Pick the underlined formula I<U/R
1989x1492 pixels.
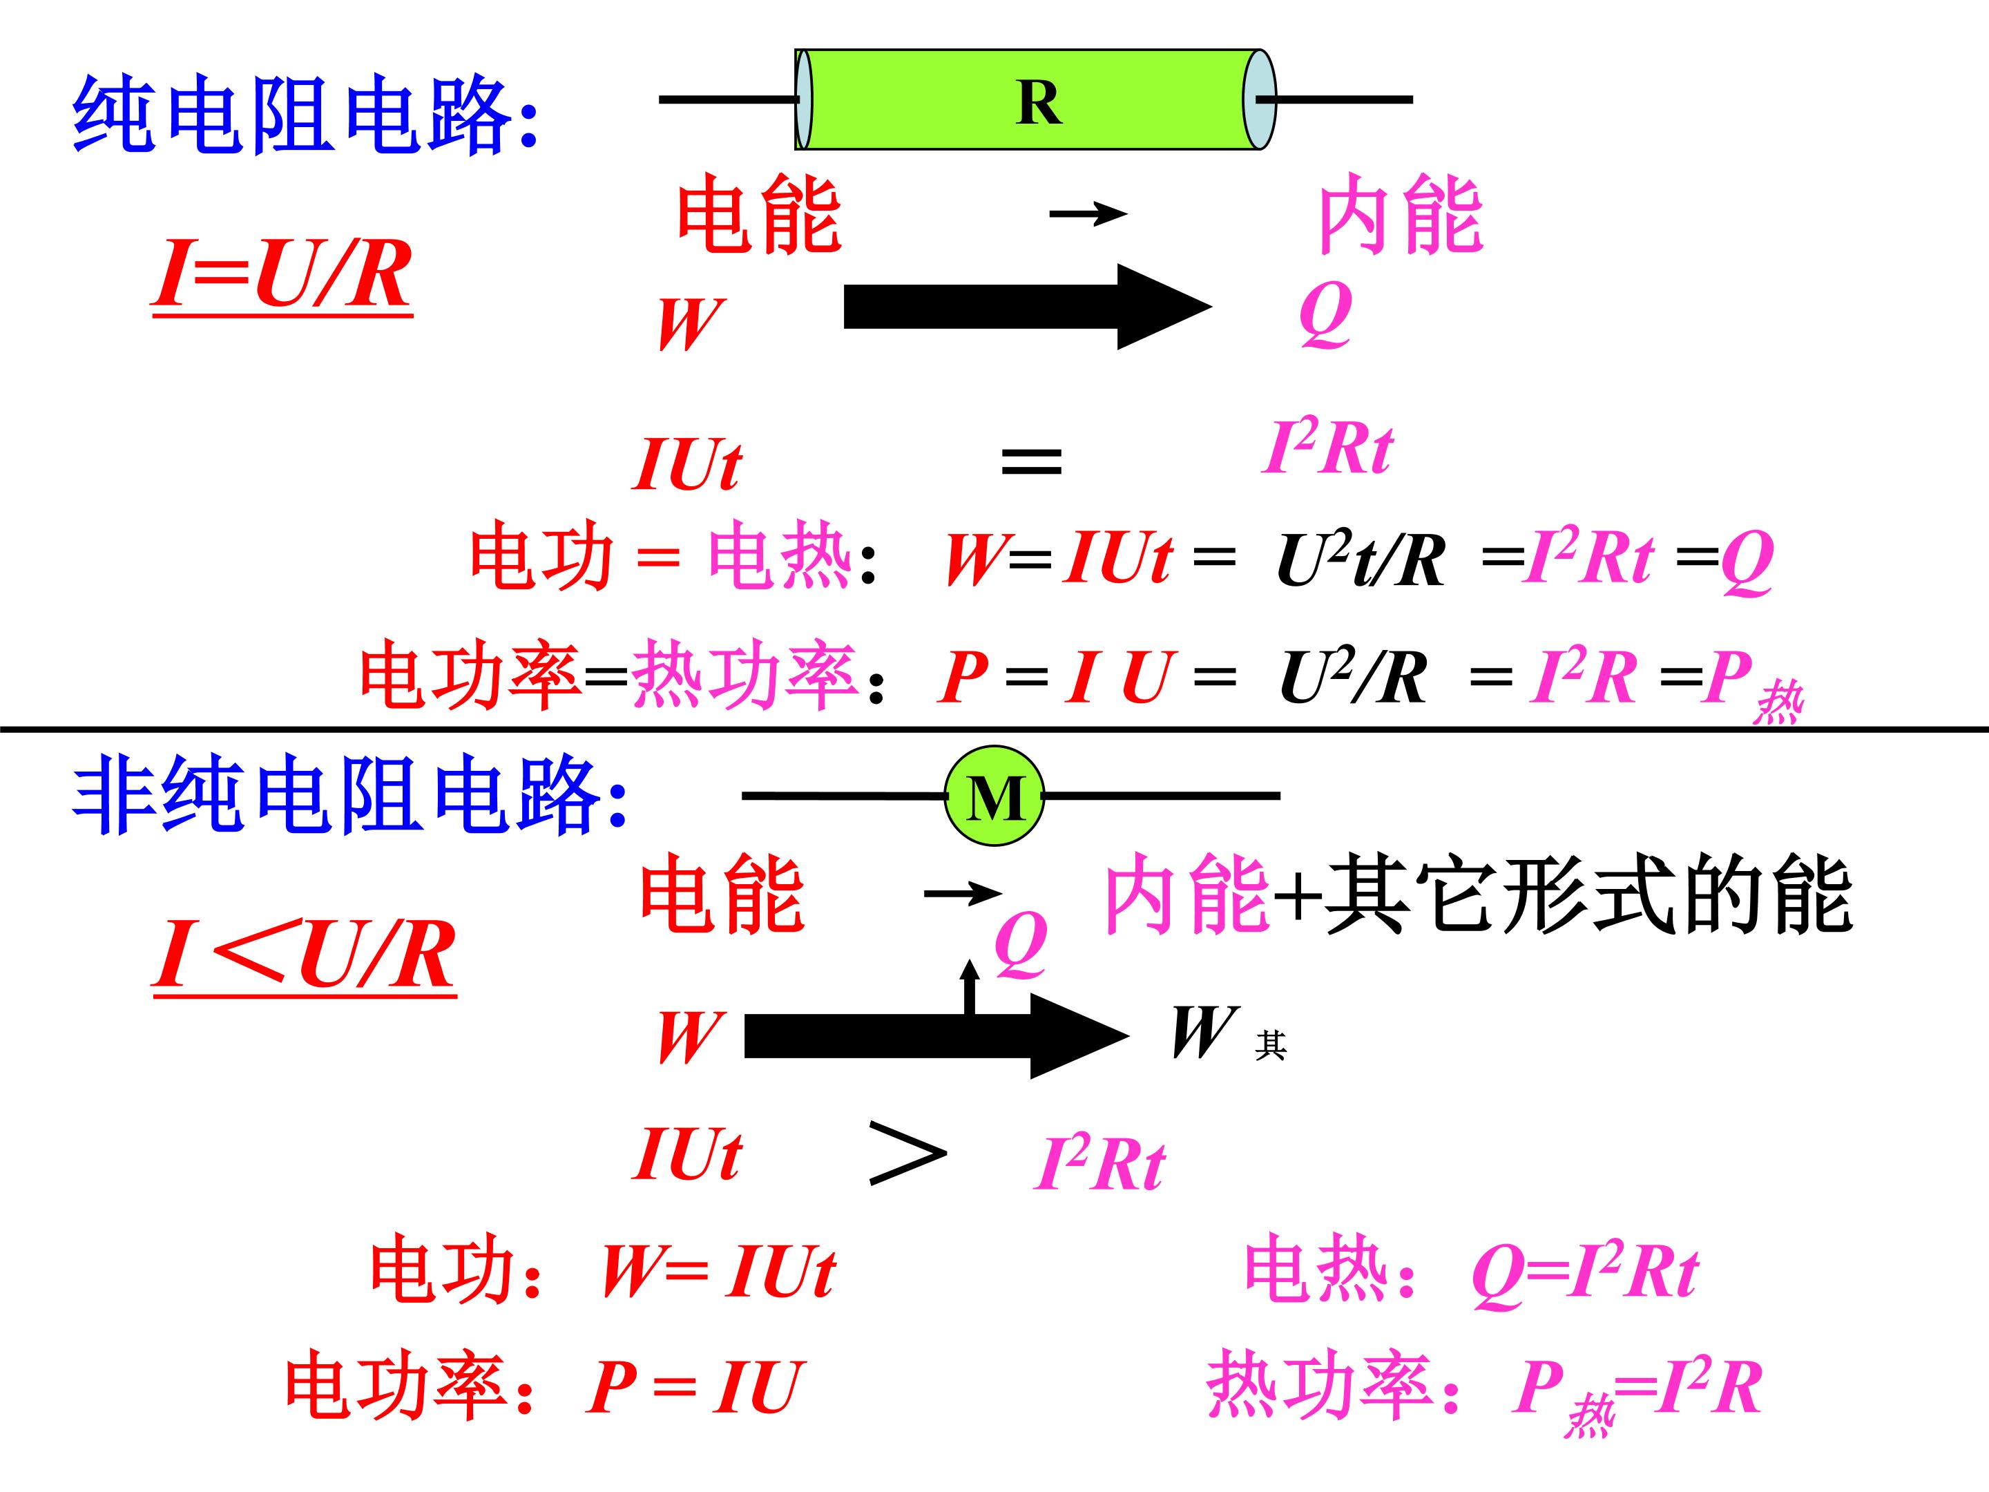click(x=304, y=956)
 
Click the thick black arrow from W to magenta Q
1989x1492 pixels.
click(x=1028, y=307)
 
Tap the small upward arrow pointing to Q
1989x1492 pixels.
click(x=970, y=986)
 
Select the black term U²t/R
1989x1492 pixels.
click(x=1361, y=559)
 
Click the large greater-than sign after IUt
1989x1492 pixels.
click(x=907, y=1152)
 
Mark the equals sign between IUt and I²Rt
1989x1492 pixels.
click(x=1031, y=461)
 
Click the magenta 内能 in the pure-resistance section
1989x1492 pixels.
click(x=1400, y=215)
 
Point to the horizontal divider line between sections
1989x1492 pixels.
click(x=995, y=729)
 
